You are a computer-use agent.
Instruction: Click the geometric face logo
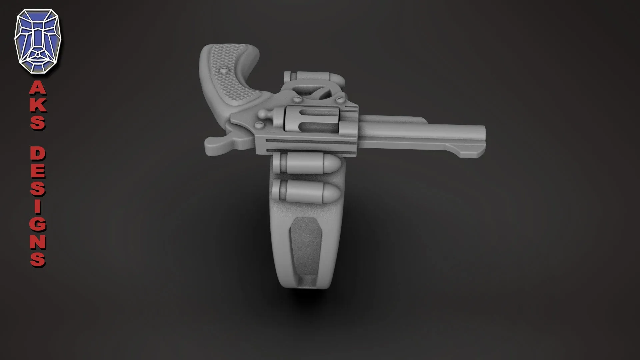[38, 41]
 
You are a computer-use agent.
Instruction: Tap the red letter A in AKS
[38, 89]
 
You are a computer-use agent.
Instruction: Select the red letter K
[38, 105]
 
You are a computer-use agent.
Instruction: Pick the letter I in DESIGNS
[38, 207]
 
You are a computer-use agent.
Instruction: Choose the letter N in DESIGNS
[38, 242]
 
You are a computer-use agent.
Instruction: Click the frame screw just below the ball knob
[259, 125]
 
